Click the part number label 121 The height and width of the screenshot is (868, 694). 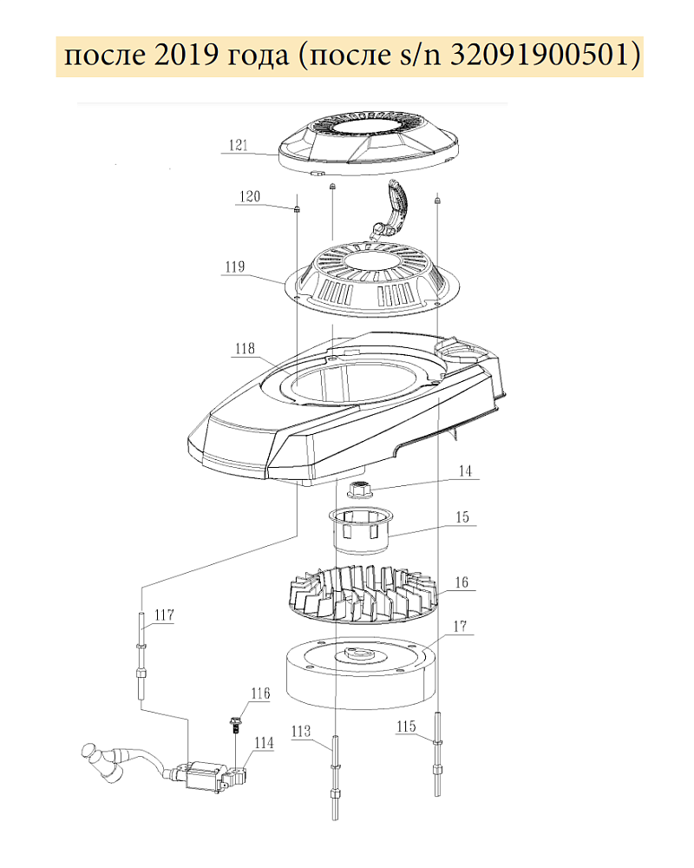click(239, 145)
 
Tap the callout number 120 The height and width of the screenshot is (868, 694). click(250, 196)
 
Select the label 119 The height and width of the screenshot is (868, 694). click(234, 266)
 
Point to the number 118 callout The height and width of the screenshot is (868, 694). click(246, 348)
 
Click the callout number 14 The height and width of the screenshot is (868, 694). click(466, 470)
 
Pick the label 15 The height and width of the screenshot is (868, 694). click(462, 517)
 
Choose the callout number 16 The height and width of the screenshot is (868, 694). click(462, 582)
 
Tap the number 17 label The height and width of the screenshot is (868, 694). click(461, 626)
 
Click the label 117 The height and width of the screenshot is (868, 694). click(164, 615)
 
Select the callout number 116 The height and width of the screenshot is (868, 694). click(260, 694)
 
